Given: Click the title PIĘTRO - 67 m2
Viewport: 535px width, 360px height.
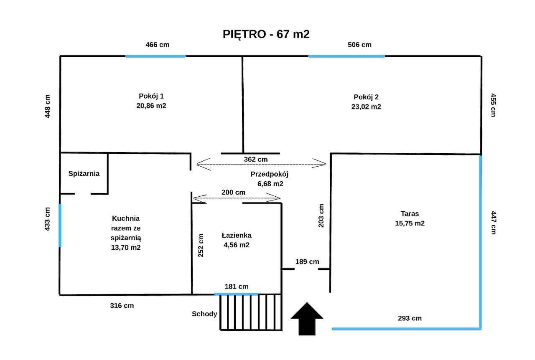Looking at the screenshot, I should [266, 34].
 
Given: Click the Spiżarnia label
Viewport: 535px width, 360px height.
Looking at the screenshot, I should [84, 173].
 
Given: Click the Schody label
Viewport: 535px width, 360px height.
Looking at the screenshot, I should [204, 314].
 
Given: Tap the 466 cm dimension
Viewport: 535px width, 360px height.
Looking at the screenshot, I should [157, 45].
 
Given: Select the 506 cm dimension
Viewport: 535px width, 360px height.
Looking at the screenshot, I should [359, 45].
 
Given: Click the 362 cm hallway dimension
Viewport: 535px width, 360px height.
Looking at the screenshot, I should [255, 159].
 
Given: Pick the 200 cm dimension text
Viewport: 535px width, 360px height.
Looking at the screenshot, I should [233, 192].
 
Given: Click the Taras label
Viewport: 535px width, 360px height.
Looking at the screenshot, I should [410, 213].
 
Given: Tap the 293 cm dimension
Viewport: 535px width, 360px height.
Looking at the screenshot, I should [410, 318].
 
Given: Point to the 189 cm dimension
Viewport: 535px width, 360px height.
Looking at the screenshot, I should [307, 262].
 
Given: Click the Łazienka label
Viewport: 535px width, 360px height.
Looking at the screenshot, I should [237, 235].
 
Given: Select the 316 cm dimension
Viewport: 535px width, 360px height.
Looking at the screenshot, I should [122, 306].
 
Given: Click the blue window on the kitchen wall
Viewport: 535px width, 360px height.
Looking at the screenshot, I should [60, 225].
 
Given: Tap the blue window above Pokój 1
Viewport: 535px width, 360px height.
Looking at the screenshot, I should [155, 56].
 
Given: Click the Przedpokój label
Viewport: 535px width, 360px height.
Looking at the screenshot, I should [270, 174].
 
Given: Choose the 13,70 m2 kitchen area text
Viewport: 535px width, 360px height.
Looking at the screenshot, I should [125, 248].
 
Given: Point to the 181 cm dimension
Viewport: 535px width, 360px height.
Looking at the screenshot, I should [237, 286].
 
